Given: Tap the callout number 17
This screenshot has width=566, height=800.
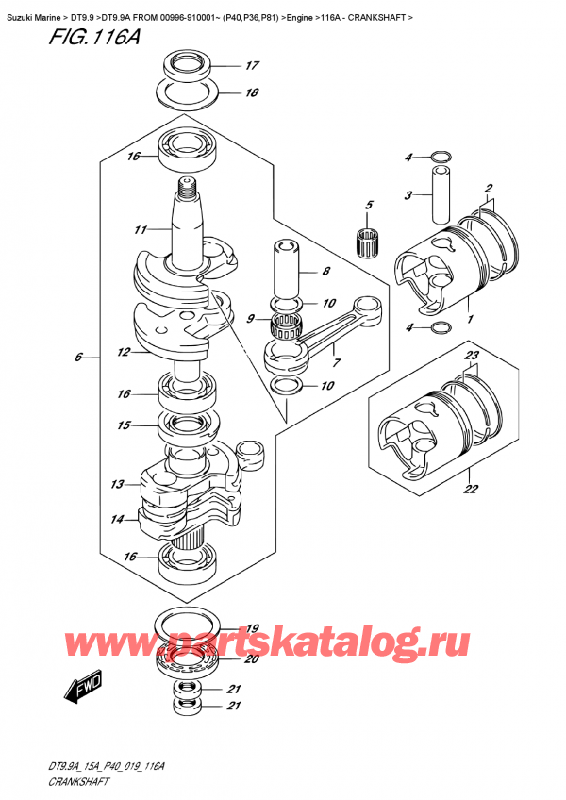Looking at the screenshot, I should click(x=251, y=66).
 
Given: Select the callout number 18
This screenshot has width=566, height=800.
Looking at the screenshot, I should click(x=251, y=93).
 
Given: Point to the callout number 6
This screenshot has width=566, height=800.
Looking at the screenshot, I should click(x=79, y=358).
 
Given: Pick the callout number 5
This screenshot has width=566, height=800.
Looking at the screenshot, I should click(x=369, y=205).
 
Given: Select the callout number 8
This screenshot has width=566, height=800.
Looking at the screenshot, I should click(x=325, y=273).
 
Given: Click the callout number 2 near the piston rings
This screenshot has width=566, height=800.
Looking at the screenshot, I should click(x=489, y=189).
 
